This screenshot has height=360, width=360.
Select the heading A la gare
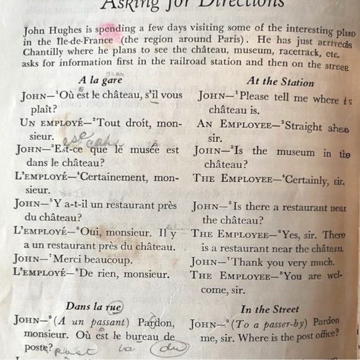click(100, 80)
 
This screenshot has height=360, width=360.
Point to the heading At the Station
click(280, 81)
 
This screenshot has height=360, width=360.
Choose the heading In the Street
click(269, 309)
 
